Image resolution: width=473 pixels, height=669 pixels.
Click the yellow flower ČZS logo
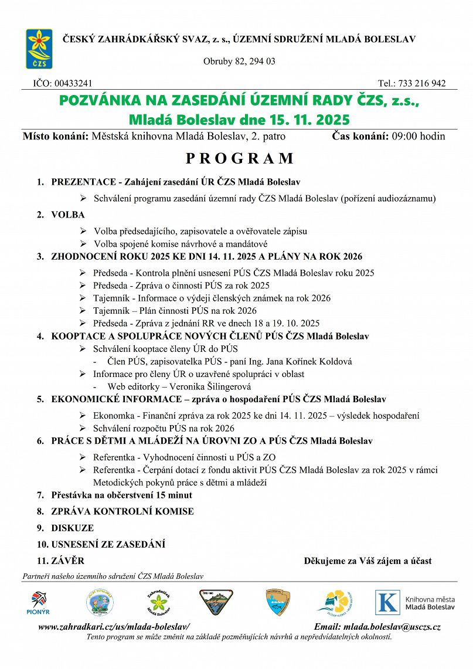(x=39, y=49)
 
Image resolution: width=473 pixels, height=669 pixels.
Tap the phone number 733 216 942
(x=420, y=83)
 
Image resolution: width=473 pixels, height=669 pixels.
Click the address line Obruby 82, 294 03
(x=239, y=61)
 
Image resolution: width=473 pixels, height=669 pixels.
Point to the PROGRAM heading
(x=239, y=158)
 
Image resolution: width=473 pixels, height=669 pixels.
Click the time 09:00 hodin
(x=417, y=137)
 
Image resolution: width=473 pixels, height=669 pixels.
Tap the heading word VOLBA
(x=68, y=215)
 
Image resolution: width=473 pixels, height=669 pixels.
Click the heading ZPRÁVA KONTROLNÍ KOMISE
(x=122, y=511)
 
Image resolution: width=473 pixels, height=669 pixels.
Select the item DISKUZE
(x=73, y=528)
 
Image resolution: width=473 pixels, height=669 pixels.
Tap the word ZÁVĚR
(x=68, y=561)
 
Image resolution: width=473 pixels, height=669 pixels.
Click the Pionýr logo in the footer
(x=38, y=603)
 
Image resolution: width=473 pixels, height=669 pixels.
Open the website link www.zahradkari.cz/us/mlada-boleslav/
(x=114, y=627)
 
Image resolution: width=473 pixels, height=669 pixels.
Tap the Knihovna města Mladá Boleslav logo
(x=415, y=602)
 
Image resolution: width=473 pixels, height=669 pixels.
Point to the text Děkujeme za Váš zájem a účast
(x=367, y=561)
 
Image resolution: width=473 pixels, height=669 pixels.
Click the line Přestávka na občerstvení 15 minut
(x=122, y=495)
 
